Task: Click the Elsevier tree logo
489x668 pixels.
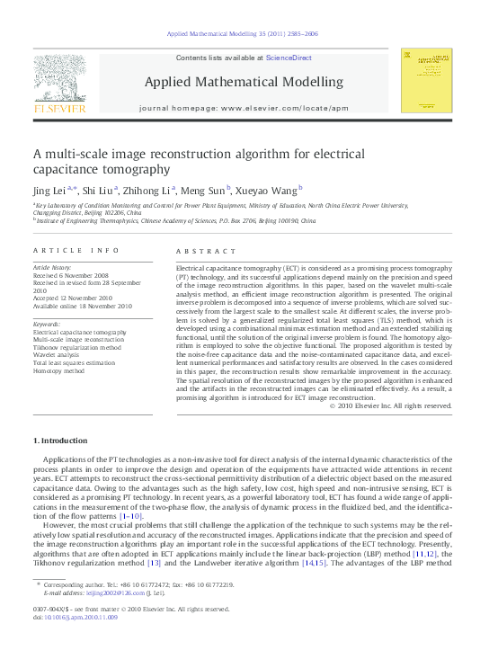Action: point(59,81)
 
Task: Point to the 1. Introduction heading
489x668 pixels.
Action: point(60,441)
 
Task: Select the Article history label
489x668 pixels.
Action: point(54,268)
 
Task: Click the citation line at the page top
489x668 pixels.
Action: point(244,33)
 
